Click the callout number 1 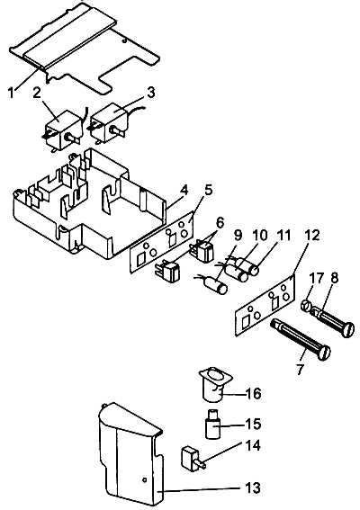tap(12, 93)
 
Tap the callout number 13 tap(253, 488)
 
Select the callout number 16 tap(253, 394)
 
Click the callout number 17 tap(317, 279)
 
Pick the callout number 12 tap(311, 235)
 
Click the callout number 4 tap(184, 191)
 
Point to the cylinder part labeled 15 tap(213, 424)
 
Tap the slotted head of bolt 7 tap(324, 353)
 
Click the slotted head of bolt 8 tap(348, 329)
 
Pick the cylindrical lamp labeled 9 tap(215, 285)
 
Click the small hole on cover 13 tap(144, 479)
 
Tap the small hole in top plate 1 tap(123, 41)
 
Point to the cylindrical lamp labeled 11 tap(249, 266)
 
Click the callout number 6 tap(220, 223)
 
